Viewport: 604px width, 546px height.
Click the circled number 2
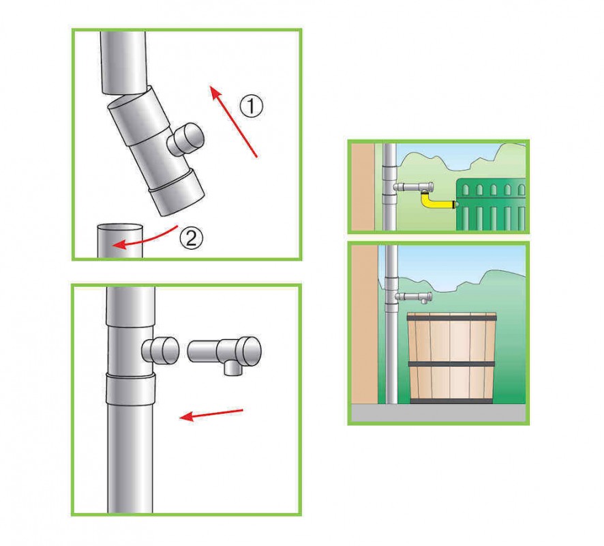pos(192,237)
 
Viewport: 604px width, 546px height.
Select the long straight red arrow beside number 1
pos(233,122)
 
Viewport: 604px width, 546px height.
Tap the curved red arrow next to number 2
pos(145,238)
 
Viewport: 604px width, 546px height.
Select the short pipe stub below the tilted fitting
pos(119,241)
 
